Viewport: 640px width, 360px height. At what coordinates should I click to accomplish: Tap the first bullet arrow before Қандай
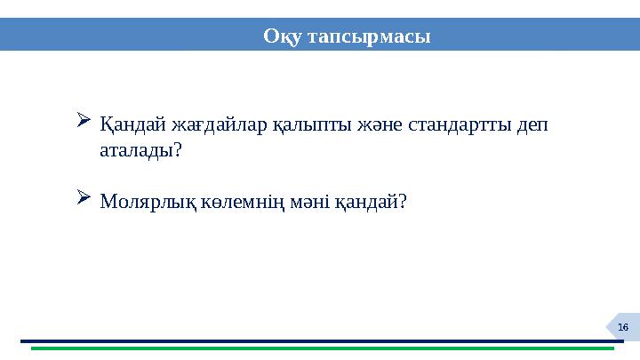click(x=84, y=119)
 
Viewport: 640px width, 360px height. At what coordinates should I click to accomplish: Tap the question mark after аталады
click(x=178, y=150)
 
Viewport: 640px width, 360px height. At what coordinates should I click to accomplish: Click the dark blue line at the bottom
click(x=320, y=340)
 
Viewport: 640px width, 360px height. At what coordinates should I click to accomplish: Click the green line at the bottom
click(x=320, y=348)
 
